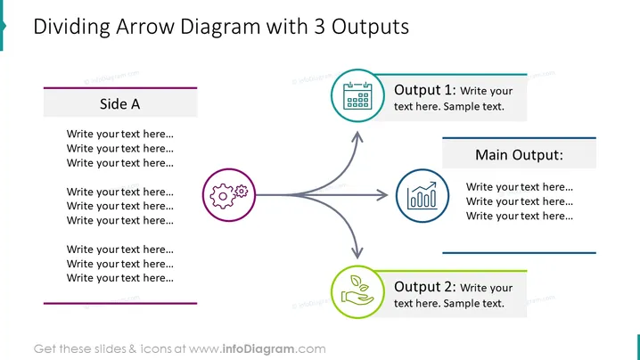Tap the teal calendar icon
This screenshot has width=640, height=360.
click(x=357, y=96)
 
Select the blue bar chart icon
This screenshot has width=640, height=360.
click(x=422, y=196)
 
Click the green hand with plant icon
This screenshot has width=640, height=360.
click(x=357, y=290)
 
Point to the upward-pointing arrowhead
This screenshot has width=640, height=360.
click(x=357, y=136)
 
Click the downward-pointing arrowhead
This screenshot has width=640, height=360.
click(x=357, y=253)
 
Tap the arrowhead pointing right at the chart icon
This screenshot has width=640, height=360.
click(x=382, y=195)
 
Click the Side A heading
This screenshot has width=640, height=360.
click(x=120, y=104)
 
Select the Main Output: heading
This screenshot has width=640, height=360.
click(x=519, y=155)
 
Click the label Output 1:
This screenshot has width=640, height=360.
click(x=425, y=90)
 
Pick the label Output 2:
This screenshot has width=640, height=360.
click(x=425, y=287)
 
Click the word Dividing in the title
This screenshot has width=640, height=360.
click(x=71, y=28)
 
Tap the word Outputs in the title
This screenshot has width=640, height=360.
click(x=370, y=28)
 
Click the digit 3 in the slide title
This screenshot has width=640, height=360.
click(x=320, y=27)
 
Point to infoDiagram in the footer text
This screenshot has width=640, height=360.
click(x=258, y=349)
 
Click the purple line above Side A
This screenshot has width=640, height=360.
click(x=120, y=87)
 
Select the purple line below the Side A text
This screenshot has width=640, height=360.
click(x=120, y=303)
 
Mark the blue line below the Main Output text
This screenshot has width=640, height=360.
click(x=519, y=253)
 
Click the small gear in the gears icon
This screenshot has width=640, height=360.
click(x=242, y=191)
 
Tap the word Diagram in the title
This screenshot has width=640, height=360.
click(x=220, y=28)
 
